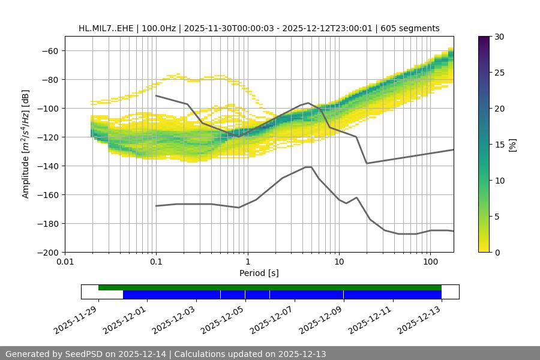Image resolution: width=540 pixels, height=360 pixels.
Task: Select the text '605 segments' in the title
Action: [x=413, y=28]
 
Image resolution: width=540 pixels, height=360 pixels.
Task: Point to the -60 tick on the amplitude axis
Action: [x=50, y=50]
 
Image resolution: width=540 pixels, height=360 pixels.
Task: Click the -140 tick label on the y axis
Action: [x=47, y=166]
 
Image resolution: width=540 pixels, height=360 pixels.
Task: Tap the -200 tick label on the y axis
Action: [x=47, y=252]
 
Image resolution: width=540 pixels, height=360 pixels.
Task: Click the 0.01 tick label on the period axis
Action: [x=65, y=262]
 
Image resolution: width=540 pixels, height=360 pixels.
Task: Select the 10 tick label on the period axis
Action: [x=339, y=262]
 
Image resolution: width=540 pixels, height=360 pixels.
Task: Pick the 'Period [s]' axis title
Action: [x=259, y=273]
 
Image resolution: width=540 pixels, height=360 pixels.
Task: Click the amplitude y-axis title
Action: [x=26, y=144]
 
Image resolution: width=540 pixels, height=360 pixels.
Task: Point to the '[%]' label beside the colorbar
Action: [x=512, y=144]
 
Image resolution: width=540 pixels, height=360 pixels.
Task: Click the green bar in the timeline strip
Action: [x=270, y=287]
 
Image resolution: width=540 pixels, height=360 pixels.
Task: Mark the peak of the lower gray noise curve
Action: [x=308, y=167]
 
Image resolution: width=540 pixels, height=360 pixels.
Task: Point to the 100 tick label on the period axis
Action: [x=430, y=262]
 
